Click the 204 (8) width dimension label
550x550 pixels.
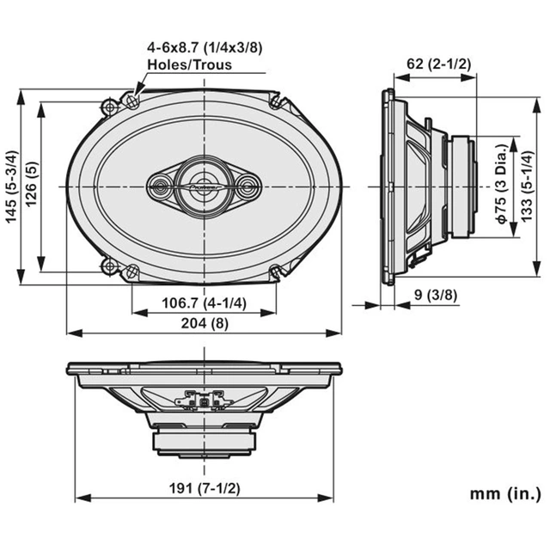click(205, 323)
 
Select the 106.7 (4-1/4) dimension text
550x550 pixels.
click(204, 302)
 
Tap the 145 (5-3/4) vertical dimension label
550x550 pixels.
click(12, 186)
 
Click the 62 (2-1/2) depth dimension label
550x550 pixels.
click(438, 64)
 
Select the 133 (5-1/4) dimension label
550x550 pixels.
click(527, 186)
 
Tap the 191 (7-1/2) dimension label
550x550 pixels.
click(205, 489)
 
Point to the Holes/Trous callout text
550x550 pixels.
click(190, 64)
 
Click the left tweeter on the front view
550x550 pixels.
click(161, 185)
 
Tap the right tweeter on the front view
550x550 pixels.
click(247, 185)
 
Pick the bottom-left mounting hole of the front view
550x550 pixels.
click(131, 271)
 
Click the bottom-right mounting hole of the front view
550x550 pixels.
click(275, 271)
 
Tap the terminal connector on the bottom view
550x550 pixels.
click(205, 401)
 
